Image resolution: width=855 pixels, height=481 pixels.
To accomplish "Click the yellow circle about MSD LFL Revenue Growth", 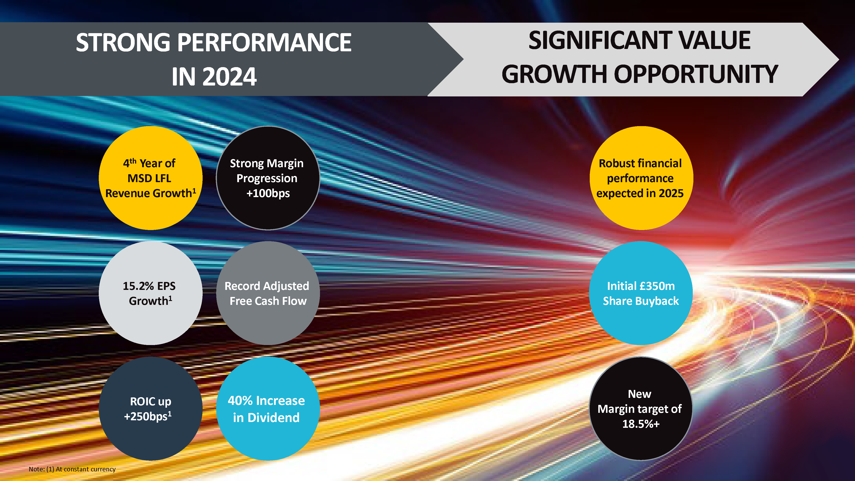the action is tap(151, 178).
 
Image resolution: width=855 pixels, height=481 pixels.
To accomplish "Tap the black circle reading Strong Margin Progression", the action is tap(268, 178).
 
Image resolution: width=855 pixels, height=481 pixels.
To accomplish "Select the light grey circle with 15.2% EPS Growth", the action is tap(151, 293).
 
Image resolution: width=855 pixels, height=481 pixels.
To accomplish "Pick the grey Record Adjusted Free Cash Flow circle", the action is tap(268, 293).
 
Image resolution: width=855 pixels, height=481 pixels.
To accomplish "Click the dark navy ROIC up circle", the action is tap(151, 409).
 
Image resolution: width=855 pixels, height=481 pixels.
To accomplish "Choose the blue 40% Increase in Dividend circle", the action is tap(268, 409).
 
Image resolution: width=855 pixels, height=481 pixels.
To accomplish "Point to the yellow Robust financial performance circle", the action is tap(641, 178).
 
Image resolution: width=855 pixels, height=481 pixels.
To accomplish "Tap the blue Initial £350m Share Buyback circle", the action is tap(641, 293).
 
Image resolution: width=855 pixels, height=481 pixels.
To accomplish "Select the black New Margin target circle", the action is tap(641, 409).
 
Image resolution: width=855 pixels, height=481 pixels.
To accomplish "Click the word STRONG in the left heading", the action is tap(123, 43).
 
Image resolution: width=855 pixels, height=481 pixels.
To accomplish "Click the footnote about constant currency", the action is tap(72, 469).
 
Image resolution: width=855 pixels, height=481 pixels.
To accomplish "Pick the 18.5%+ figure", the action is tap(641, 424).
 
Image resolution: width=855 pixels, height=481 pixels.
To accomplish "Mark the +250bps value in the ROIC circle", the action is tap(148, 416).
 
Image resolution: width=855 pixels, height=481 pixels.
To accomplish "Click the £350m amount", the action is tap(657, 286).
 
